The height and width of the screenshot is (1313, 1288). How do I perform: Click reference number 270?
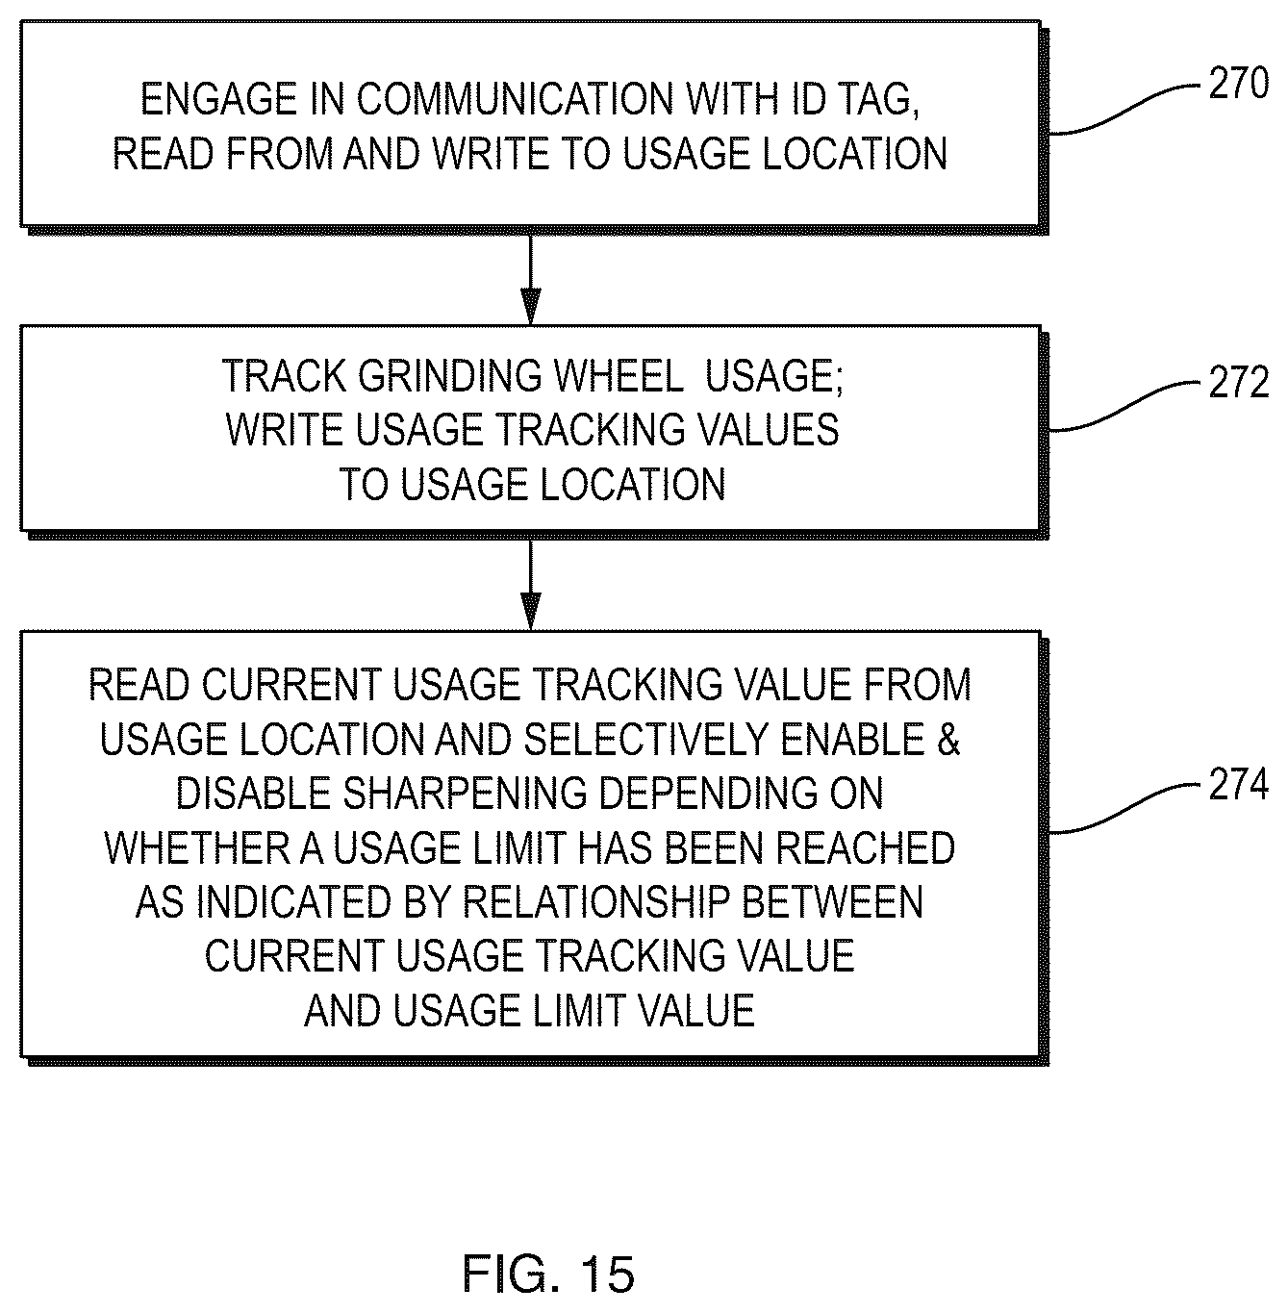[x=1238, y=83]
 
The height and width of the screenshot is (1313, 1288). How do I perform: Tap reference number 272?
[x=1238, y=382]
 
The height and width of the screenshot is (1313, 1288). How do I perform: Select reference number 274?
[x=1238, y=784]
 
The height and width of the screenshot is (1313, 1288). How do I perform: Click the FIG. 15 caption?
[x=548, y=1274]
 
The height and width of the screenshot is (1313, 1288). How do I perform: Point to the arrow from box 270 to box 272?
[x=530, y=279]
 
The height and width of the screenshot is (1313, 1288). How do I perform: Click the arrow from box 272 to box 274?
[x=530, y=585]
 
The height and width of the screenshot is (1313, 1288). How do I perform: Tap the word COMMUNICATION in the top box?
[x=516, y=99]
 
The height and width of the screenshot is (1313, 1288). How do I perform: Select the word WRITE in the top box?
[x=491, y=154]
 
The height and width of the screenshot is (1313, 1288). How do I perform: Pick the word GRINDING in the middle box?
[x=450, y=375]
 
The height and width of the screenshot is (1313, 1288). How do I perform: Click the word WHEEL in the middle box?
[x=618, y=375]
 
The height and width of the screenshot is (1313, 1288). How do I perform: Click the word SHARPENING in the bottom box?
[x=464, y=794]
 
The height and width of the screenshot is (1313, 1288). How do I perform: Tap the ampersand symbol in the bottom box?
[x=948, y=740]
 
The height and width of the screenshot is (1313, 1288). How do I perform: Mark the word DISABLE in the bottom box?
[x=254, y=794]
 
